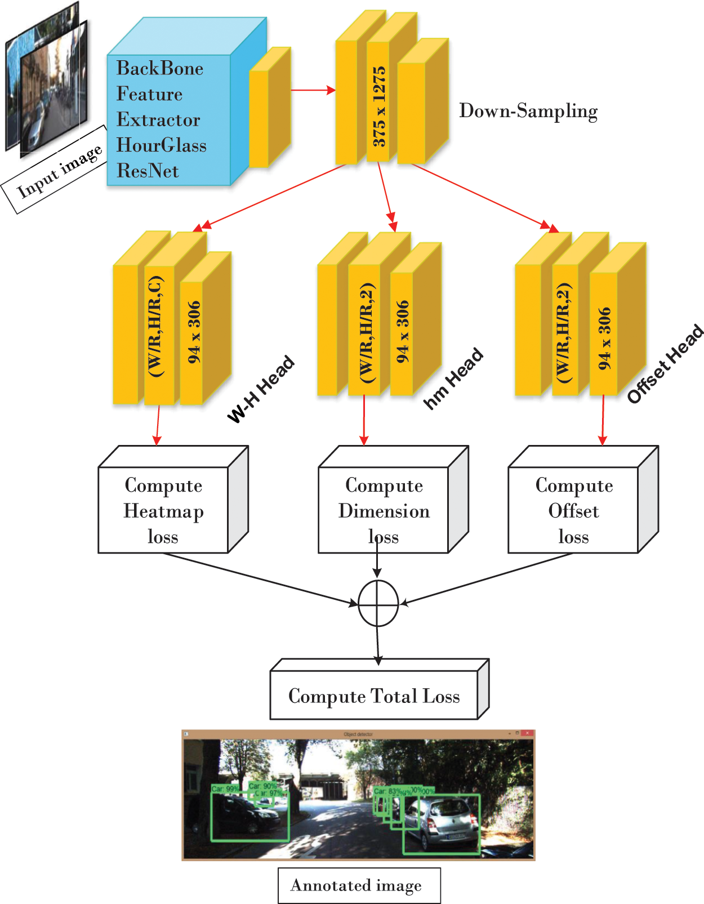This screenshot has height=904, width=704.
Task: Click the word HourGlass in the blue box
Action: [x=161, y=145]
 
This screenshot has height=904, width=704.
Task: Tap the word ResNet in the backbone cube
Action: [x=148, y=171]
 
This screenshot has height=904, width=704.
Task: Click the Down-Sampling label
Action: [x=528, y=111]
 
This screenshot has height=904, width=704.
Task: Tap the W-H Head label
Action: [x=261, y=389]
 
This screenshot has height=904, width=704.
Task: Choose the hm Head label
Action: [x=453, y=378]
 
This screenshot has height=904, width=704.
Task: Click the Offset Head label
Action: [x=665, y=364]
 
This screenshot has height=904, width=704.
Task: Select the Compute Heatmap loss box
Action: [x=163, y=510]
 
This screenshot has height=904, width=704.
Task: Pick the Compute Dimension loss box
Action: [x=384, y=510]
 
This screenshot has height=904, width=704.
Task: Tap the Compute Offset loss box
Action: [x=573, y=510]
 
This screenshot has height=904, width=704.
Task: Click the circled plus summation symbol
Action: [x=378, y=603]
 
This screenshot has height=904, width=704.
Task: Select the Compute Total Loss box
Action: [x=374, y=696]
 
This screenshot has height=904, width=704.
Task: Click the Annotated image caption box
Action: [x=359, y=886]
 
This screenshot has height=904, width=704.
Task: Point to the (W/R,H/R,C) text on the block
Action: [x=156, y=327]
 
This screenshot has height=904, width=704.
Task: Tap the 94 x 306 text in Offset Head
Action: [x=604, y=338]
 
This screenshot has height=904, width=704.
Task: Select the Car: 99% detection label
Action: [x=224, y=789]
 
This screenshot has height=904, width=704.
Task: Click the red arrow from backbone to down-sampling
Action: [x=313, y=90]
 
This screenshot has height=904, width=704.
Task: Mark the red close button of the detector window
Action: [x=527, y=734]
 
